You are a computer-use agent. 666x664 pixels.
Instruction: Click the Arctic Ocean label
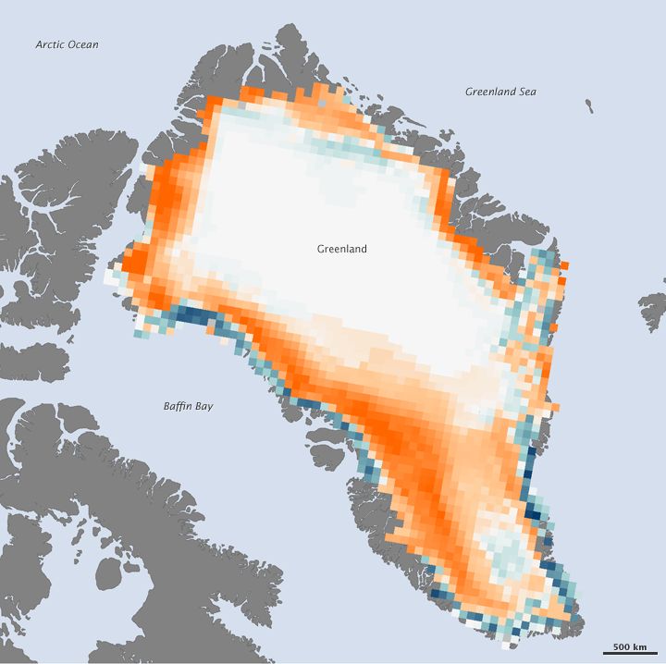pyautogui.click(x=67, y=44)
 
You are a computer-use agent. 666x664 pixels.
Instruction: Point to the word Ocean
pyautogui.click(x=83, y=44)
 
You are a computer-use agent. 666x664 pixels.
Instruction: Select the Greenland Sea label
pyautogui.click(x=499, y=92)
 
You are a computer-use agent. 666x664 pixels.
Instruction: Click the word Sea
pyautogui.click(x=527, y=92)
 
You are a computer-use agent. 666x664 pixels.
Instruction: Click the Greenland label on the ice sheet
pyautogui.click(x=341, y=249)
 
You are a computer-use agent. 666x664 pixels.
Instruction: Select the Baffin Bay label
pyautogui.click(x=188, y=406)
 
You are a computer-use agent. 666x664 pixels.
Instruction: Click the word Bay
pyautogui.click(x=204, y=406)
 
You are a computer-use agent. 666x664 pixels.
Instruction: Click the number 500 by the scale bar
pyautogui.click(x=623, y=646)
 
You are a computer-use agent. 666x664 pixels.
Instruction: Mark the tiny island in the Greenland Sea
pyautogui.click(x=589, y=106)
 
